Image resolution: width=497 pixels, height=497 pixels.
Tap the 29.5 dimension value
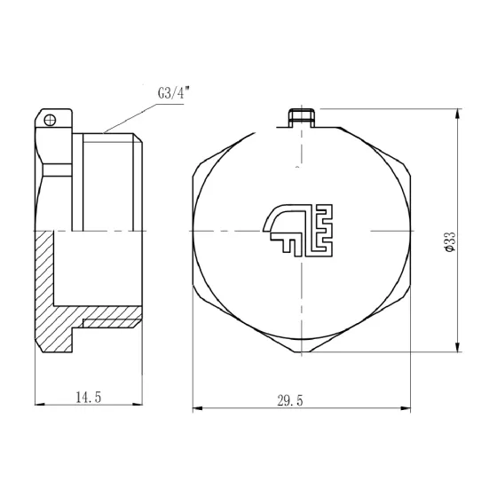tap(290, 400)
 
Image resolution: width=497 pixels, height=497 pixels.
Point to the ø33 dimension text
tap(449, 241)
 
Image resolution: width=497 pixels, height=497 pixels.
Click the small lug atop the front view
tap(302, 117)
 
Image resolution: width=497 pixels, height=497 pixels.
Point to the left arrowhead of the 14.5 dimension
tap(38, 409)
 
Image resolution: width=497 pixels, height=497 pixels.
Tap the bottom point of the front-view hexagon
tap(302, 352)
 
